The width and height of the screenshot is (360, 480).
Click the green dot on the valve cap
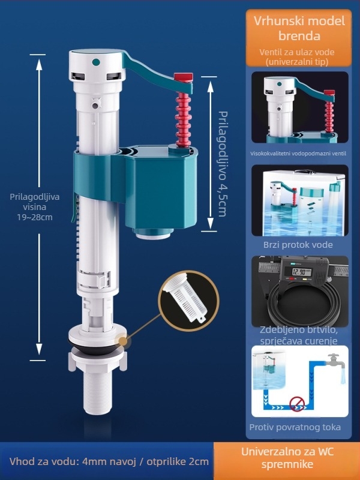coord(96,62)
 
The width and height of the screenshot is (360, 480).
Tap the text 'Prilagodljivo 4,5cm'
coord(223,164)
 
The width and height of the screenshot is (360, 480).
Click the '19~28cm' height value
coord(35,217)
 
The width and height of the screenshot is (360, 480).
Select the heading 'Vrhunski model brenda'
coord(299,28)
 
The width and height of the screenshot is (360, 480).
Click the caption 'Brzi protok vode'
coord(298,245)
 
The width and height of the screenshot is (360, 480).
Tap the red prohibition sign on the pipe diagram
coord(296,404)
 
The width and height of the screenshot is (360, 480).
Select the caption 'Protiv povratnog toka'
coord(295,427)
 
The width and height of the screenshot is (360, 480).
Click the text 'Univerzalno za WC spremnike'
coord(287,458)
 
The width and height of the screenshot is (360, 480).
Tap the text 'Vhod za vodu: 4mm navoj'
coord(73,461)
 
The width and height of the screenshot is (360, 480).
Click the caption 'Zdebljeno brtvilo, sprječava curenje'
coord(298,335)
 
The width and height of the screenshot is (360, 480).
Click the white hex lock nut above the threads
coord(97,361)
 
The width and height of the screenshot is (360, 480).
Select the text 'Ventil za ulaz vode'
coord(296,52)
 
